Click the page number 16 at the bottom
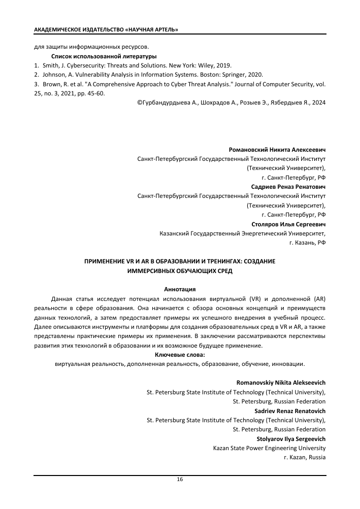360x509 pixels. click(180, 480)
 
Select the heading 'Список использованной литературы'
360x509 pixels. click(104, 56)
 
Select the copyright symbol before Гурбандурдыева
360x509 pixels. click(139, 103)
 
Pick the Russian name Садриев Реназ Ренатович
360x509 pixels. click(288, 187)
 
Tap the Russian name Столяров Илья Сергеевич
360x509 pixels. click(288, 224)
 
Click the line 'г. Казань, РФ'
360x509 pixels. click(307, 243)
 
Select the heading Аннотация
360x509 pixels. click(180, 289)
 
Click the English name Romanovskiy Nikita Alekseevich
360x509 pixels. click(281, 382)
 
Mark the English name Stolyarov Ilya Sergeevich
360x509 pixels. click(291, 438)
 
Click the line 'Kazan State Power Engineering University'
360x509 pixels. click(269, 448)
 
